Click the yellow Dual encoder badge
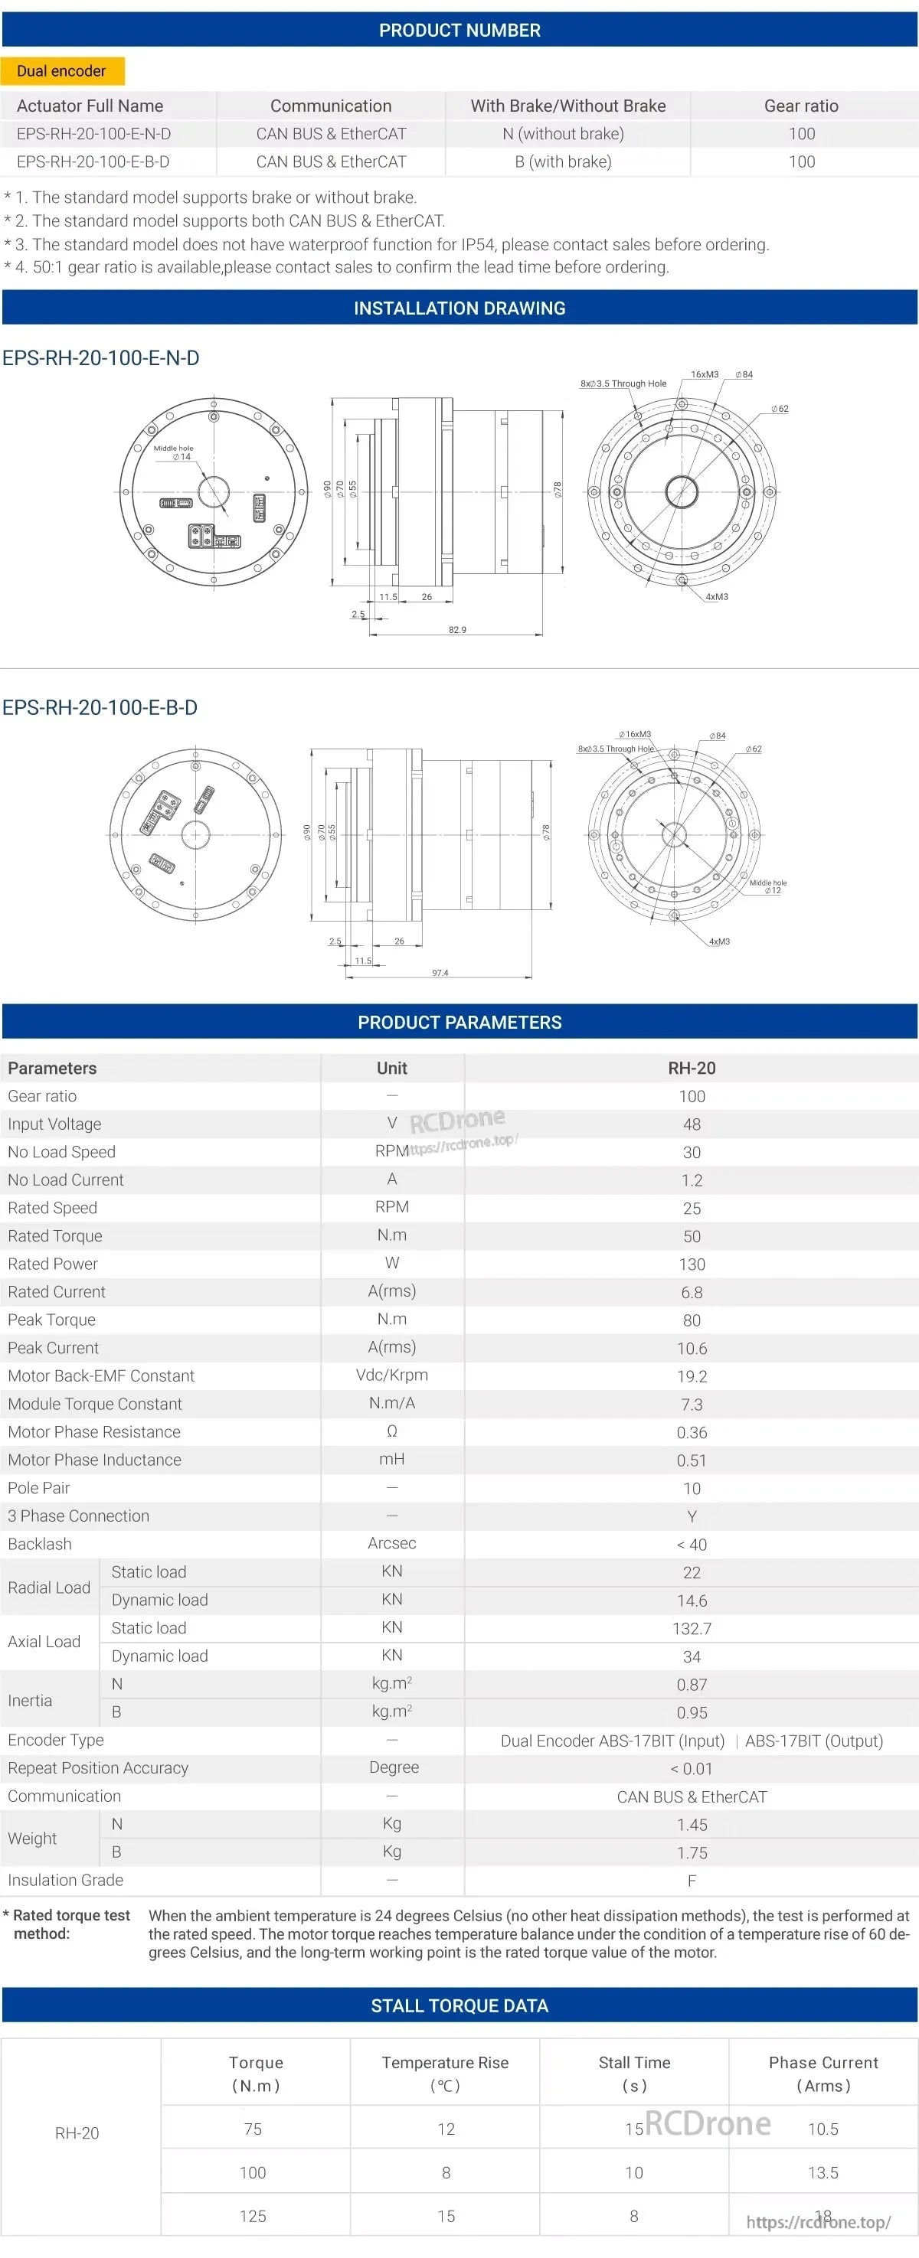(x=61, y=71)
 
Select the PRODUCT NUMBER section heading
(x=459, y=30)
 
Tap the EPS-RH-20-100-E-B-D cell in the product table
(x=93, y=162)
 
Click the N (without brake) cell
(x=563, y=133)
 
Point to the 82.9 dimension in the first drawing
(x=457, y=629)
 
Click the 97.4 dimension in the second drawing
(x=440, y=972)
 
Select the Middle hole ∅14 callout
(x=174, y=452)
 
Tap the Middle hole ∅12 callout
(x=768, y=886)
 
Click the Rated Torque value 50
(x=691, y=1236)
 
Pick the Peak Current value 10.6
(x=691, y=1348)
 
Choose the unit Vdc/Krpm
(x=391, y=1375)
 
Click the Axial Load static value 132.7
(x=691, y=1629)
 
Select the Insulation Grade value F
(x=691, y=1880)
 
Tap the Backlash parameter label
(x=41, y=1544)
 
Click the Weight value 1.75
(x=691, y=1852)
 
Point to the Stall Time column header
(x=634, y=2073)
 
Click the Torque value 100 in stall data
(x=253, y=2172)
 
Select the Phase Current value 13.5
(x=823, y=2172)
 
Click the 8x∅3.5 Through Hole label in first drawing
(x=623, y=383)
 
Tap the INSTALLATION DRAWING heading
(x=459, y=308)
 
